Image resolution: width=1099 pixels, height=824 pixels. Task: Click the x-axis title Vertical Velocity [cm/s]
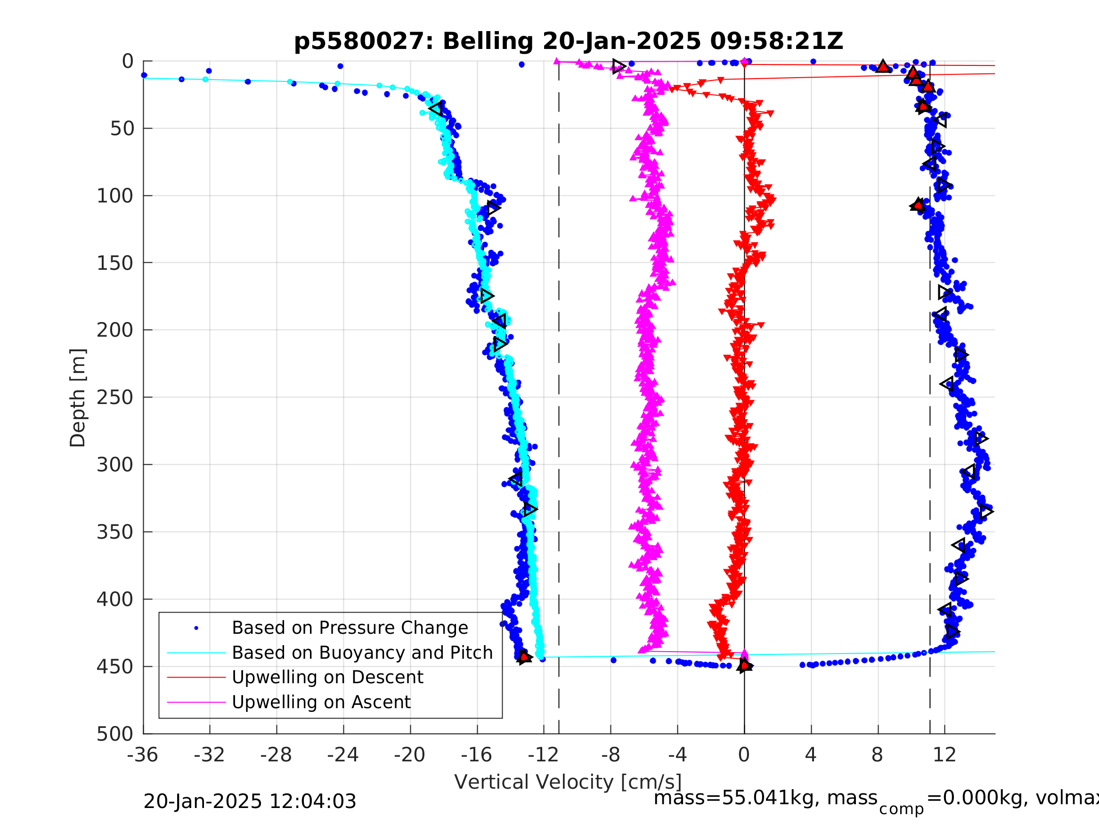(567, 782)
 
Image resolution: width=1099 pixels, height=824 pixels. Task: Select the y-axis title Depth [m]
(78, 397)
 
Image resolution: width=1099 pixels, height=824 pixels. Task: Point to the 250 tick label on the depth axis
(115, 397)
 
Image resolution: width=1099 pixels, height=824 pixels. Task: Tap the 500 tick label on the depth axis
(115, 734)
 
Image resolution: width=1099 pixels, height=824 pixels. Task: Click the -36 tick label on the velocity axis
(143, 755)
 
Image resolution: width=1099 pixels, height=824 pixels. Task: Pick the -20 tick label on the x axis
(409, 755)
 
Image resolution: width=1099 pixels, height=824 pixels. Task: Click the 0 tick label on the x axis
(744, 755)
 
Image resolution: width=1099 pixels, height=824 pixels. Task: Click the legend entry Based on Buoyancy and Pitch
(362, 653)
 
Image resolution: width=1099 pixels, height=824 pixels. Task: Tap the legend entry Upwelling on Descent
(327, 678)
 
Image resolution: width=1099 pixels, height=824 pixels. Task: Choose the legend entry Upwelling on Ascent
(321, 703)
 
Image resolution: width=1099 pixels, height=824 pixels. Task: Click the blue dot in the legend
(196, 628)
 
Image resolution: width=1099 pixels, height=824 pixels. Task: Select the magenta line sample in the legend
(196, 703)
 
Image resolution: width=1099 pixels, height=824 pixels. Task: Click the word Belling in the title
(488, 41)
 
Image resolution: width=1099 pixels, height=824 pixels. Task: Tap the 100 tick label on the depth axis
(115, 196)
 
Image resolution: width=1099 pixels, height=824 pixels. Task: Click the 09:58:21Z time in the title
(776, 41)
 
